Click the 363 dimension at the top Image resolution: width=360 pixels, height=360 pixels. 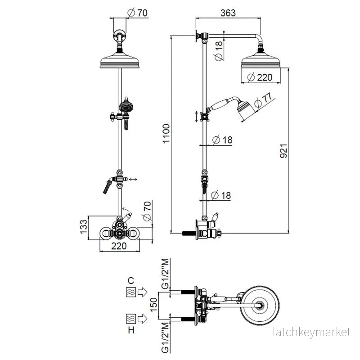(x=228, y=13)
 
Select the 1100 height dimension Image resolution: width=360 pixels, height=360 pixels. (x=166, y=133)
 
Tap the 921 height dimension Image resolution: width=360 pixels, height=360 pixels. (x=283, y=151)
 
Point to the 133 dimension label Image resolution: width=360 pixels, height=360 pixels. (x=84, y=227)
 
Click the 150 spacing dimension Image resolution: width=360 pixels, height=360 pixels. (x=153, y=305)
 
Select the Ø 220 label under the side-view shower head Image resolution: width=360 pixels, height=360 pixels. (x=260, y=77)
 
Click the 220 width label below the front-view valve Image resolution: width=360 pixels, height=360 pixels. (x=119, y=246)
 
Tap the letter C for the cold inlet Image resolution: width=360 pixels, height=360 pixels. (x=130, y=280)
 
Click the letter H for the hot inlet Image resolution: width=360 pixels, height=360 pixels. (x=131, y=330)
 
